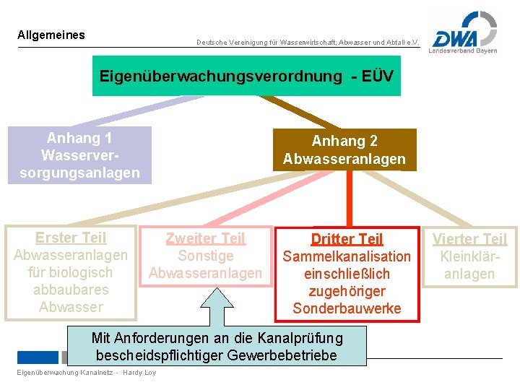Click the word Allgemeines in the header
tap(51, 35)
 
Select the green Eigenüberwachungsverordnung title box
tap(246, 76)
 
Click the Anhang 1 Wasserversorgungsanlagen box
tap(79, 155)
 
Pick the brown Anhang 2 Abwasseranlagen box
tap(344, 150)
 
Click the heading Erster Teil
tap(71, 238)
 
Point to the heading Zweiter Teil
tap(206, 238)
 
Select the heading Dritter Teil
tap(347, 239)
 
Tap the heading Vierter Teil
tap(470, 239)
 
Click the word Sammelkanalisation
tap(347, 256)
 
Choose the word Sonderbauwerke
tap(347, 308)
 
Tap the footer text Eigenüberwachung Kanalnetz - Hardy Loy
tap(85, 373)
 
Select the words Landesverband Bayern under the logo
tap(463, 51)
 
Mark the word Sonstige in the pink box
tap(206, 256)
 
